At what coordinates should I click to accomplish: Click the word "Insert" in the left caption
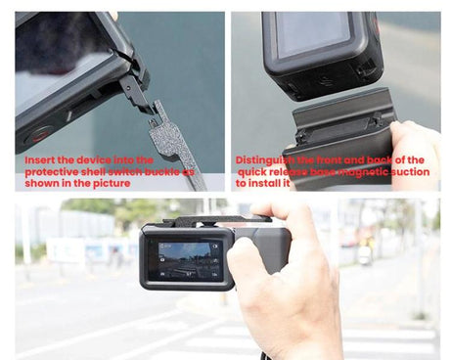tap(40, 159)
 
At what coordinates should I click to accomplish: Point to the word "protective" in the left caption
tap(56, 170)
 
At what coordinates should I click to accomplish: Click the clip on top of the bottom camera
tap(205, 219)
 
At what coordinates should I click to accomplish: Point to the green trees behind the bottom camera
tap(88, 207)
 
